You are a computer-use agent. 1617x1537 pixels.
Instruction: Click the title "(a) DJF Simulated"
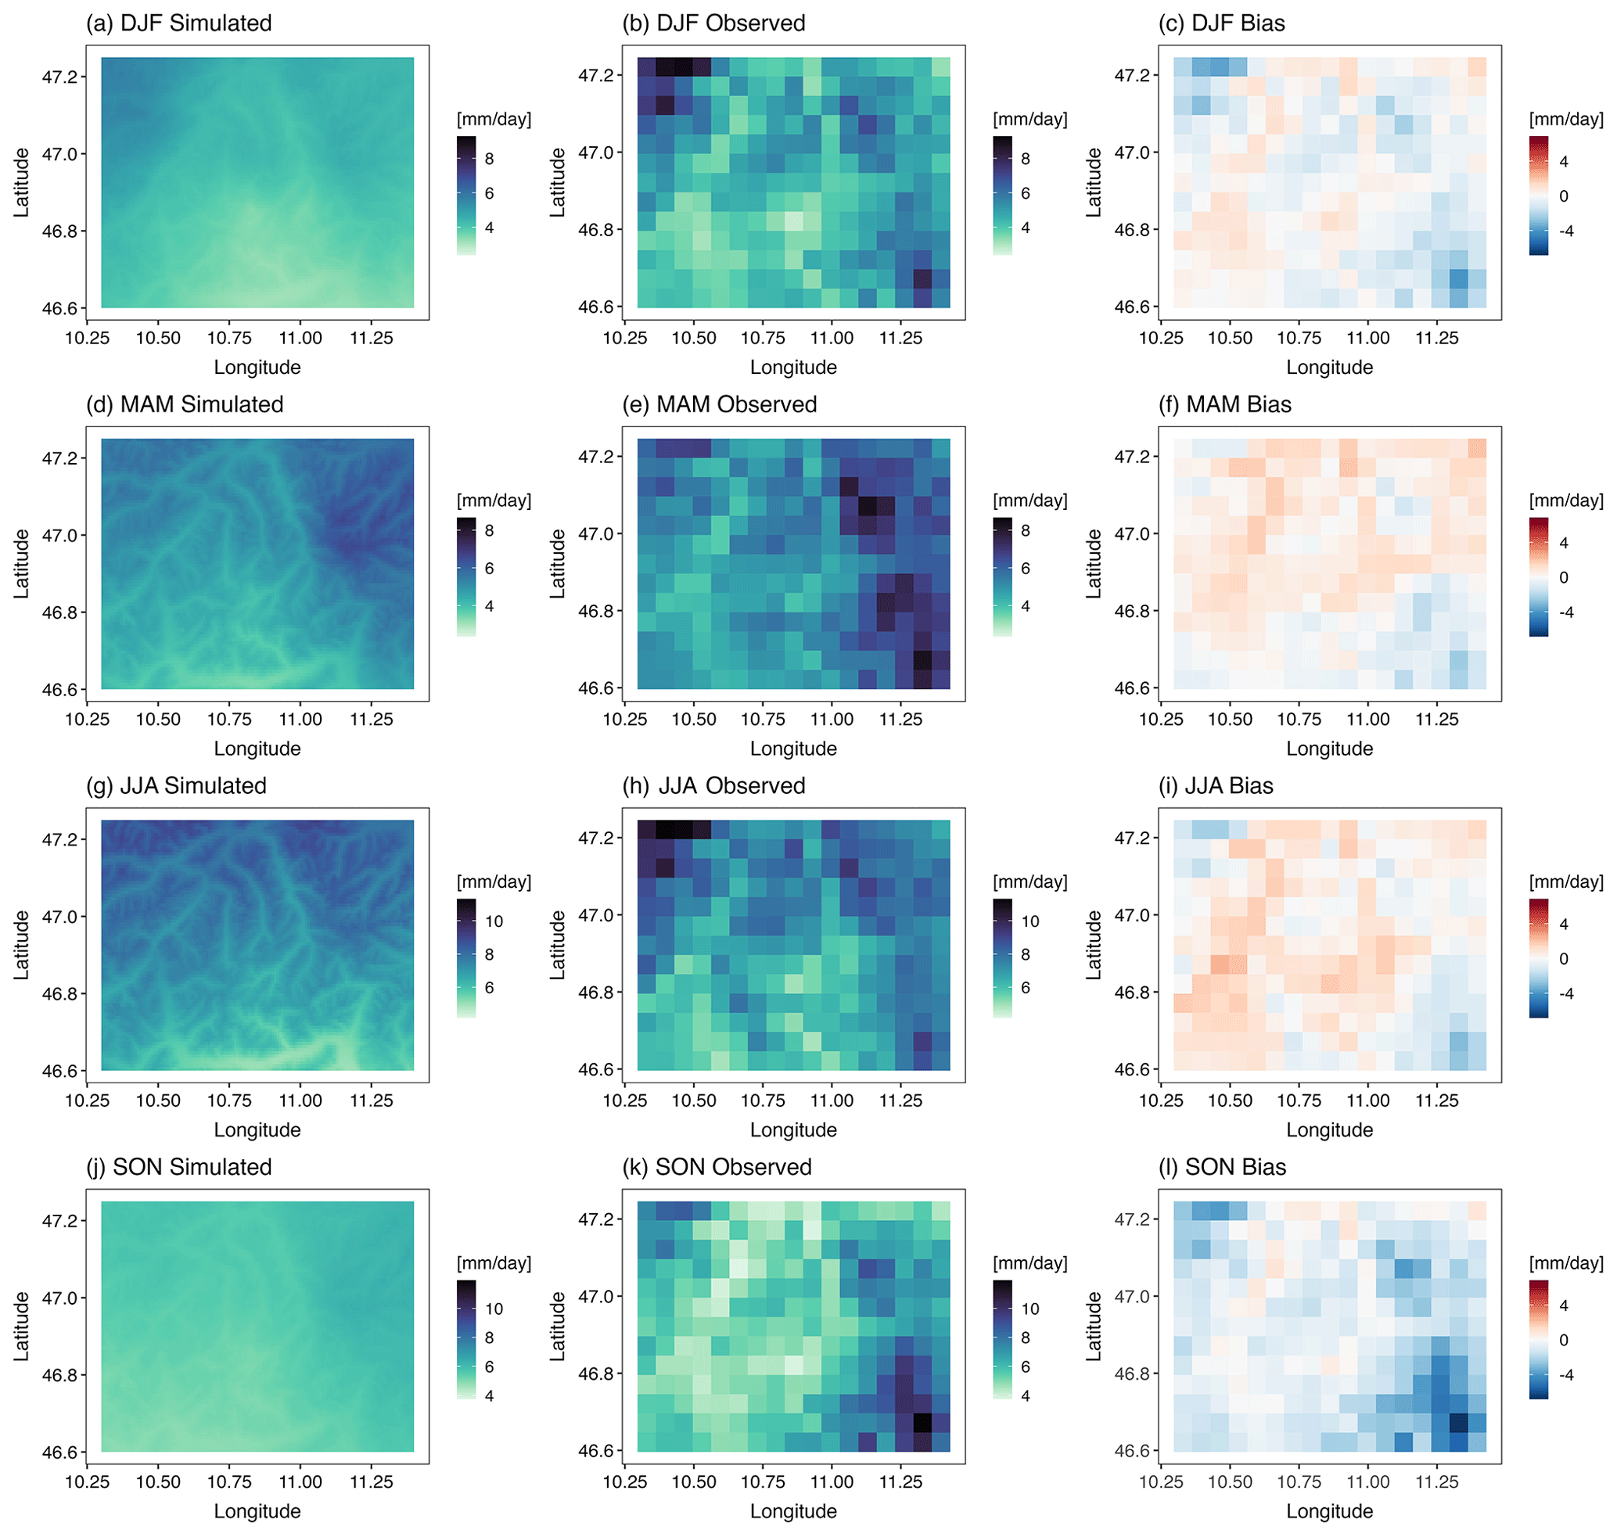point(178,23)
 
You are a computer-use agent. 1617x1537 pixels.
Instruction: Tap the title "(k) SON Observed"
point(717,1168)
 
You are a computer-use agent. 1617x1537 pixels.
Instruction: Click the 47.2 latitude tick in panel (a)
point(59,77)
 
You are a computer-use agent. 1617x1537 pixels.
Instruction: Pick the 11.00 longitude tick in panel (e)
point(832,720)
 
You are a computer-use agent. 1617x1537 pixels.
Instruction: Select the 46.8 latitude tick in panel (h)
point(596,993)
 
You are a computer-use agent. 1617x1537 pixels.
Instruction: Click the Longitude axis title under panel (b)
point(793,368)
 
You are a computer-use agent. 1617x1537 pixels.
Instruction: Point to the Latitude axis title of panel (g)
point(21,946)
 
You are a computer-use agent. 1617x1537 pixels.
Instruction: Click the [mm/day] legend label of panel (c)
point(1565,120)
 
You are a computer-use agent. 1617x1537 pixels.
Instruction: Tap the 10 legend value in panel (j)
point(494,1309)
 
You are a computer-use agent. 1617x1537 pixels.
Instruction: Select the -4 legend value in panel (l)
point(1566,1376)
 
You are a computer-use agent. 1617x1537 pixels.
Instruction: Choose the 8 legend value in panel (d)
point(489,531)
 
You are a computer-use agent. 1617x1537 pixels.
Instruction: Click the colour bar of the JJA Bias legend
point(1538,959)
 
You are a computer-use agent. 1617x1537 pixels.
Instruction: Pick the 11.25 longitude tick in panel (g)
point(372,1102)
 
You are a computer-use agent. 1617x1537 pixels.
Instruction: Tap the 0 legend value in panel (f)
point(1564,577)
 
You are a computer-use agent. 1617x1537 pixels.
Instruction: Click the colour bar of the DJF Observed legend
point(1002,196)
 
